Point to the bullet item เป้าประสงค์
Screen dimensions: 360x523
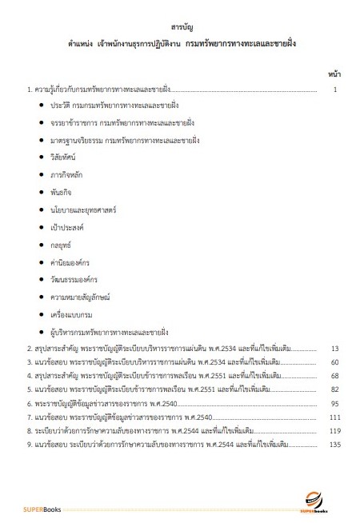[x=67, y=227]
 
